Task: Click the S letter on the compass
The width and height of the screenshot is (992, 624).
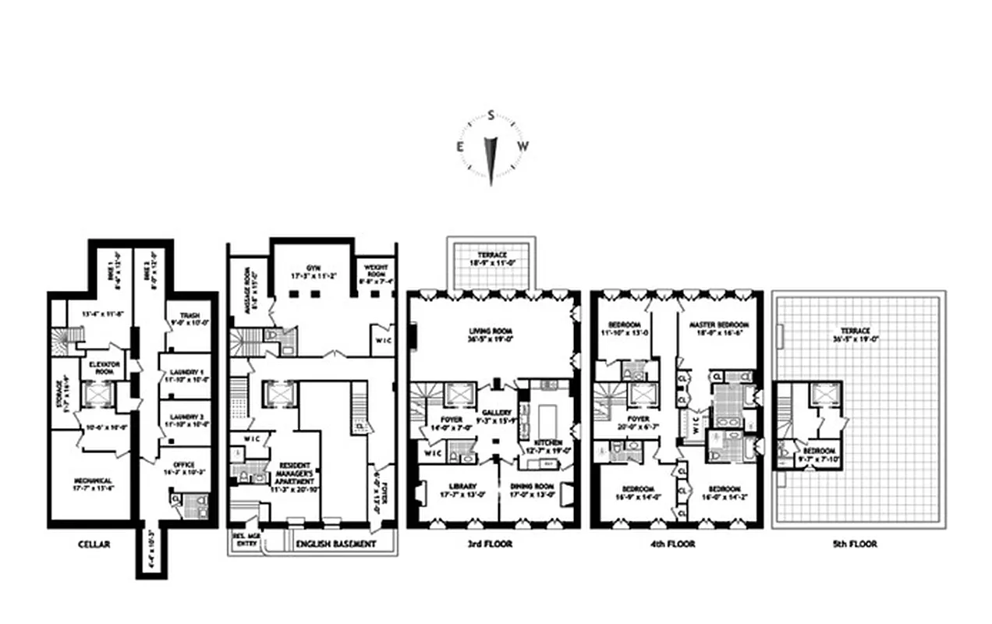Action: click(491, 116)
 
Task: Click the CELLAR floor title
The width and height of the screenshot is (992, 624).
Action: click(94, 544)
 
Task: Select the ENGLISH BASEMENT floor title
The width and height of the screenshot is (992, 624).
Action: click(337, 544)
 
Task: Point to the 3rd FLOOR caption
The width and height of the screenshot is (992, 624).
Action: click(493, 544)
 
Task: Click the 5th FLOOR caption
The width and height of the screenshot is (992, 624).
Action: click(856, 544)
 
